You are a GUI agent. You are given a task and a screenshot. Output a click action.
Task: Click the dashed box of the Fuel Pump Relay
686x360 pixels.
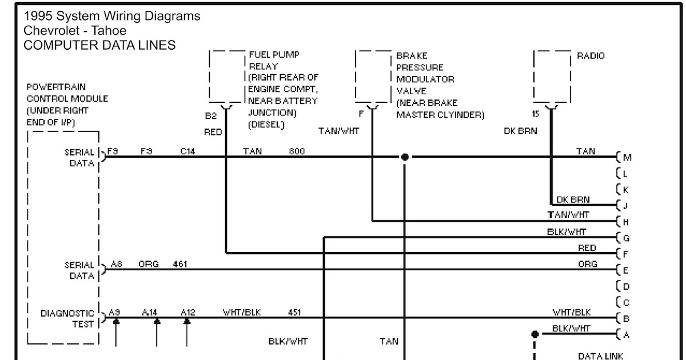point(228,76)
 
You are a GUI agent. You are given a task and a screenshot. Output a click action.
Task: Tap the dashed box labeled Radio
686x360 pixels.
point(552,76)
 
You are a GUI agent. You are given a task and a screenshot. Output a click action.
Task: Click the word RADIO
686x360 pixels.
point(591,56)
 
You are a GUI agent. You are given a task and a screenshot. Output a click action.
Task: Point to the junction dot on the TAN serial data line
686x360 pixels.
point(405,157)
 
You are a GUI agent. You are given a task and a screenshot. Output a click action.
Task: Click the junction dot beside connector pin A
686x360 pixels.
point(535,334)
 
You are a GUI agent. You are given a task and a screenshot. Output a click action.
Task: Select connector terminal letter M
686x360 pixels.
point(627,158)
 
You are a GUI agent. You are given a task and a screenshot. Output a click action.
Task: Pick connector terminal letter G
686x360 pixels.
point(627,237)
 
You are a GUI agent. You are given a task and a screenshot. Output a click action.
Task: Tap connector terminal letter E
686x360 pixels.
point(627,270)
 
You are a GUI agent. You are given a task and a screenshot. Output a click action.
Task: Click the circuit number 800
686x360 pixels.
point(297,151)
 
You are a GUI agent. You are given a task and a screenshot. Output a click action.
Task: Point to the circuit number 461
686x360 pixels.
point(180,264)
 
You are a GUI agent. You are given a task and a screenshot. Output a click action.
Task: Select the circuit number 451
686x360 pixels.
point(295,313)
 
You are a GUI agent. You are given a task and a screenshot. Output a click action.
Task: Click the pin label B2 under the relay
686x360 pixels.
point(211,115)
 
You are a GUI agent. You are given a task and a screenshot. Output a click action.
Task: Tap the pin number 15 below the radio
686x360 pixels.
point(535,114)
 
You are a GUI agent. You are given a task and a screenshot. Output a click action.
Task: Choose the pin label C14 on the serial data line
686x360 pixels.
point(188,151)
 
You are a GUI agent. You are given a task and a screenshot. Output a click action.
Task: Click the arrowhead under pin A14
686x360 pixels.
point(157,322)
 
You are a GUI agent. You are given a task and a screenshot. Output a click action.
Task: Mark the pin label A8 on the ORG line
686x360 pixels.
point(117,264)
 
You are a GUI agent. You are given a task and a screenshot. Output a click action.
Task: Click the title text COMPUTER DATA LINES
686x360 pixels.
point(99,45)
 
